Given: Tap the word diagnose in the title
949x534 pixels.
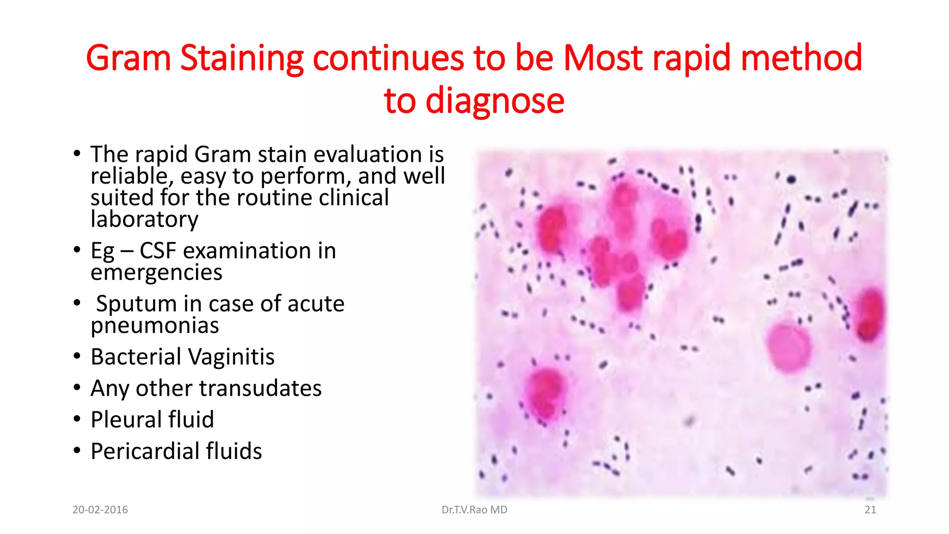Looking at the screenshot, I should (494, 101).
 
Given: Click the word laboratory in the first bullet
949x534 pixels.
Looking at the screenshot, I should (144, 219).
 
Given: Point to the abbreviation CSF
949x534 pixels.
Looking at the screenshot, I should (158, 251).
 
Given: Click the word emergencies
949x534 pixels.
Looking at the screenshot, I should (156, 273).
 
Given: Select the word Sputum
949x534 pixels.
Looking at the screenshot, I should (136, 304).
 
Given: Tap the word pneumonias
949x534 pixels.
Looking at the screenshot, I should (154, 325).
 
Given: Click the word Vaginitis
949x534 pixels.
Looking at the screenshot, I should (231, 357).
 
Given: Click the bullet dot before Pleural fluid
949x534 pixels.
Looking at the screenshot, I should (77, 419).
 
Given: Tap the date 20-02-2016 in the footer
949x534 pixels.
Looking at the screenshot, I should (100, 510).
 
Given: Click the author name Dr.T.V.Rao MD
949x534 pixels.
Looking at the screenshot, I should (474, 510).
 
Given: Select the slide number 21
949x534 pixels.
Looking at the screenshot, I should (870, 510).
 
